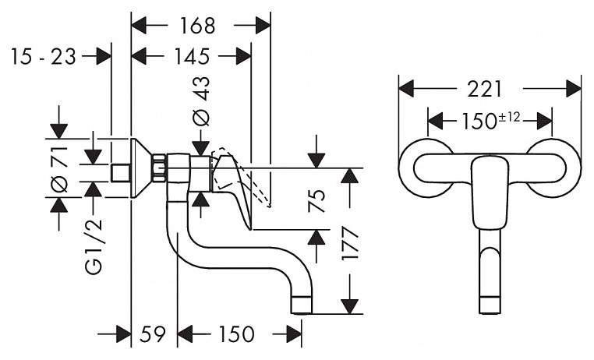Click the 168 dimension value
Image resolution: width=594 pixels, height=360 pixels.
(197, 26)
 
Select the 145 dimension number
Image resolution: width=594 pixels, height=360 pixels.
(191, 57)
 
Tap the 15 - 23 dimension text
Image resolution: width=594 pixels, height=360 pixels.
(44, 57)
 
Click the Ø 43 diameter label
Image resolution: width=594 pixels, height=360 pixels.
(201, 101)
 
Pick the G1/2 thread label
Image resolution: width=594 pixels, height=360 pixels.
(94, 248)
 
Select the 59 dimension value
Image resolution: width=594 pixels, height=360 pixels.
(153, 334)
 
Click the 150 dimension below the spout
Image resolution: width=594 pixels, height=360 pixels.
(236, 334)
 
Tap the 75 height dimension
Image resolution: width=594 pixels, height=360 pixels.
(316, 200)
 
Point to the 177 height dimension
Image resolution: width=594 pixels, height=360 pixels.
(349, 243)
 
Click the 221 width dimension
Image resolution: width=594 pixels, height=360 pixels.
(484, 90)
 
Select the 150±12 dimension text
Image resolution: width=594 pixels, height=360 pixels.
(490, 121)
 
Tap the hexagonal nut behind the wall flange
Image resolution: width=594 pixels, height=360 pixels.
(160, 168)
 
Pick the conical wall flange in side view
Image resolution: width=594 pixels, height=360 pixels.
(142, 168)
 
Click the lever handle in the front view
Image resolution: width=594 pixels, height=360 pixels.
(490, 193)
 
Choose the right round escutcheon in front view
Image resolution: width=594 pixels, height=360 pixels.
(553, 168)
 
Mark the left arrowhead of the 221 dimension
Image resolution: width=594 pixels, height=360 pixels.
(406, 90)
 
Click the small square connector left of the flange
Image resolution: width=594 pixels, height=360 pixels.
(121, 173)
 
